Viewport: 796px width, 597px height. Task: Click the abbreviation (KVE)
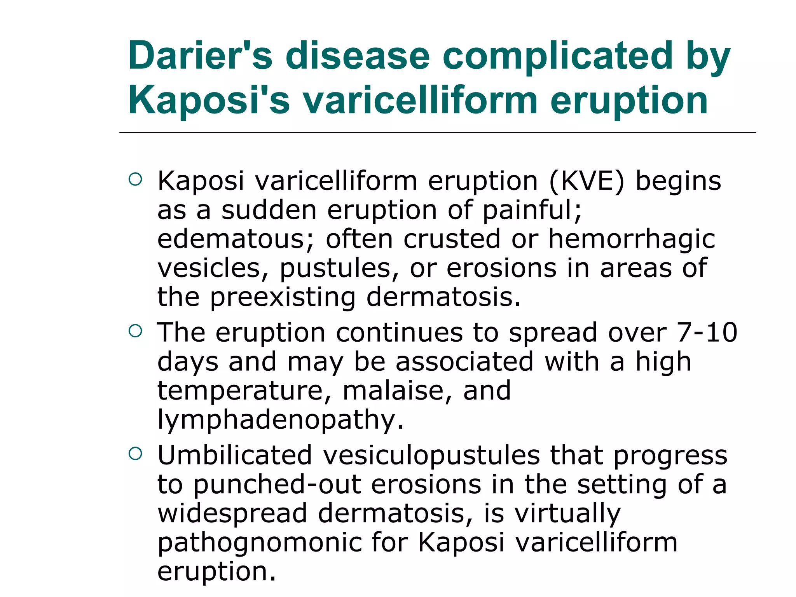587,181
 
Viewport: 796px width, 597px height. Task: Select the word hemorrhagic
631,239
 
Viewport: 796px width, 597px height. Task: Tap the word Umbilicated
235,455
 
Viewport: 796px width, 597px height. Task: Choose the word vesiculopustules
431,455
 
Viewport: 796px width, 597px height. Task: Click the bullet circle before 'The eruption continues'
135,331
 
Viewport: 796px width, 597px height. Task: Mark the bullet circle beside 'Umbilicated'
135,454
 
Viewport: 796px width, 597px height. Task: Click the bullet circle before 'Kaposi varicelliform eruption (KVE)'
135,180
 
